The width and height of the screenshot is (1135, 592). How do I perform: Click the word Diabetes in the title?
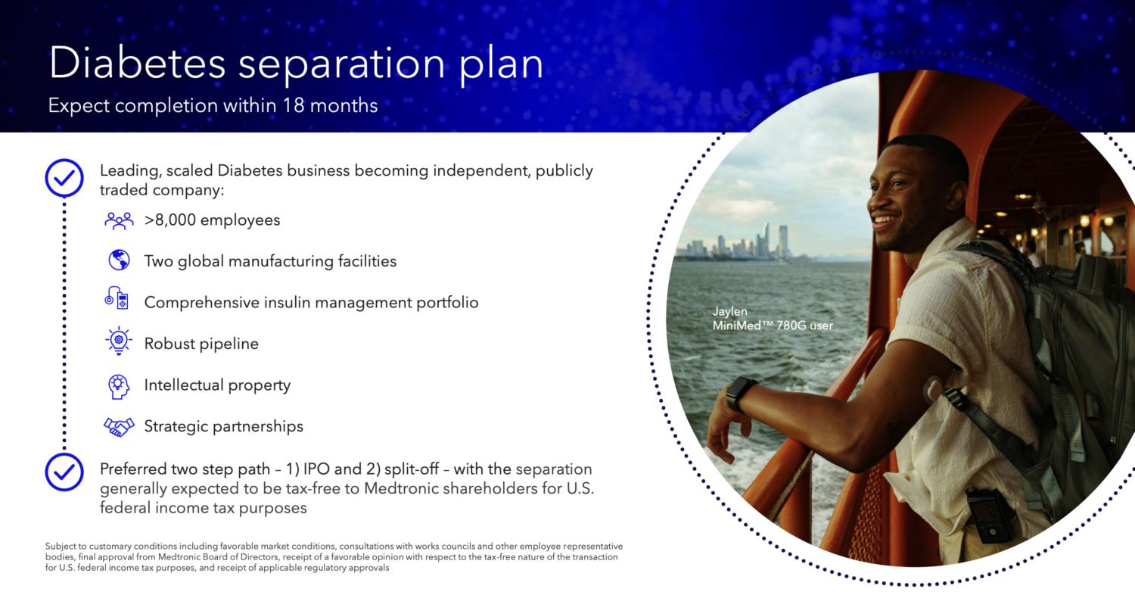(x=137, y=63)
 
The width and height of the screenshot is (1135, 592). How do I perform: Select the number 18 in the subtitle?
(x=293, y=105)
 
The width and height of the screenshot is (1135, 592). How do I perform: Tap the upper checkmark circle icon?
(x=64, y=178)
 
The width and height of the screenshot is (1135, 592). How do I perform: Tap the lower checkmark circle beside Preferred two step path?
(x=64, y=472)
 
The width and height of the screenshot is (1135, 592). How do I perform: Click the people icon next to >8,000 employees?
(x=119, y=221)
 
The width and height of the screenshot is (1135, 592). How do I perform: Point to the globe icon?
(x=119, y=260)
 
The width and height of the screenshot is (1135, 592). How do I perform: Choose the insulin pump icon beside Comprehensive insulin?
(x=117, y=298)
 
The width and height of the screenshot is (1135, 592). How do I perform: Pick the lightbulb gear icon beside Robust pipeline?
(x=119, y=341)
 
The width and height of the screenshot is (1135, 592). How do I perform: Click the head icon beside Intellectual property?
(x=119, y=387)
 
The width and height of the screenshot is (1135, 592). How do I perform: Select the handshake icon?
(x=119, y=427)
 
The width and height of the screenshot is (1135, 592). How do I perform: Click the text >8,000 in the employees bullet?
(x=169, y=220)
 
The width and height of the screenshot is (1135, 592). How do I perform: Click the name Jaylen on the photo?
(x=729, y=311)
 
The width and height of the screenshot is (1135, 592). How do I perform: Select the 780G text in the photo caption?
(x=791, y=326)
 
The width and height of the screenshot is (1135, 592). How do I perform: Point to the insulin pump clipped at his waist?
(x=990, y=515)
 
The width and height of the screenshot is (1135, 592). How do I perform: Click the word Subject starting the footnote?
(x=66, y=547)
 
